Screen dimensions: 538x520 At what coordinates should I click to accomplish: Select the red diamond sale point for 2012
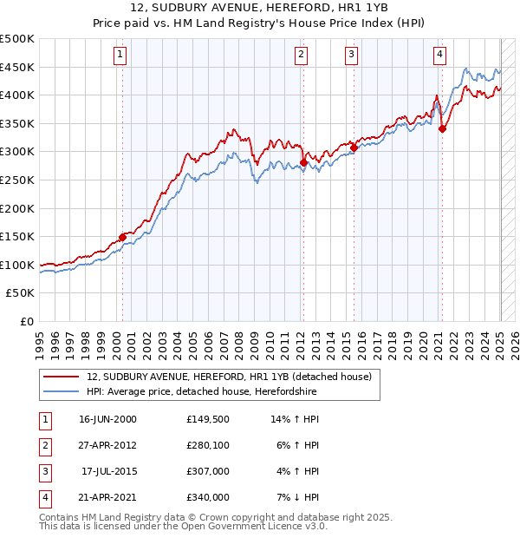(x=304, y=162)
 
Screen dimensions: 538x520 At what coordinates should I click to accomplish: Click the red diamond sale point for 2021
(x=442, y=129)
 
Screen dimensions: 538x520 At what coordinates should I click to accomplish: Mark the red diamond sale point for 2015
(x=354, y=148)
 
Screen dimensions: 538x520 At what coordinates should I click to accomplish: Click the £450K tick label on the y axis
(x=17, y=67)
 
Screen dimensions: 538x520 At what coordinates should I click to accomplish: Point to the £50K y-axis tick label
(x=21, y=293)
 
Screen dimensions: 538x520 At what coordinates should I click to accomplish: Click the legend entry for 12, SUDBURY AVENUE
(x=229, y=377)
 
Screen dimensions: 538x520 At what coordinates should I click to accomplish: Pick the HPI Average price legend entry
(x=201, y=392)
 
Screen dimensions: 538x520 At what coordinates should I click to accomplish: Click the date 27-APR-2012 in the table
(x=107, y=445)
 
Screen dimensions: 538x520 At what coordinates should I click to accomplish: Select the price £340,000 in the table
(x=208, y=497)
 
